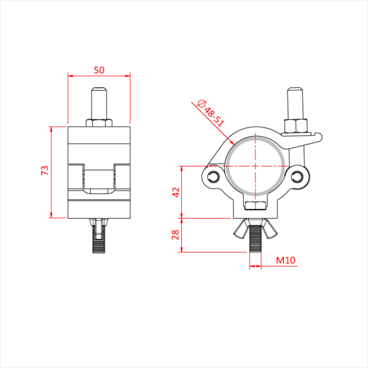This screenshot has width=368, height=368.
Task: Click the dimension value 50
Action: (x=98, y=69)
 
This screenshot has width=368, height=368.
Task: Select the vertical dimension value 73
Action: (x=45, y=170)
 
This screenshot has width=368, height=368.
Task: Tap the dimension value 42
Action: (x=176, y=192)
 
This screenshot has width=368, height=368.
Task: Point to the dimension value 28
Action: (x=176, y=234)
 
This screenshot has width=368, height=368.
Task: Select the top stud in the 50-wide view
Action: (x=99, y=103)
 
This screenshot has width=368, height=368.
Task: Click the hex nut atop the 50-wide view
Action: (x=99, y=122)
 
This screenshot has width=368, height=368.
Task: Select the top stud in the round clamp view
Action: (x=294, y=103)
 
